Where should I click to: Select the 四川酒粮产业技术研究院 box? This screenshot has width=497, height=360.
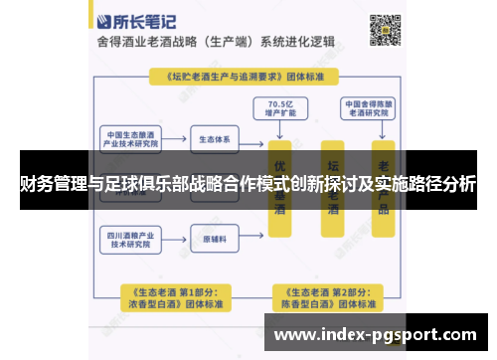click(x=132, y=239)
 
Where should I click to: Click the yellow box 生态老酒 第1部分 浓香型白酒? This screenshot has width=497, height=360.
click(x=170, y=295)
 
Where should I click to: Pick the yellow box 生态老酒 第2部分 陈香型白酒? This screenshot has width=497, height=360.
click(x=325, y=295)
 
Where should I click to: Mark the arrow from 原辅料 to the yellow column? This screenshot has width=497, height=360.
click(x=252, y=239)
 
